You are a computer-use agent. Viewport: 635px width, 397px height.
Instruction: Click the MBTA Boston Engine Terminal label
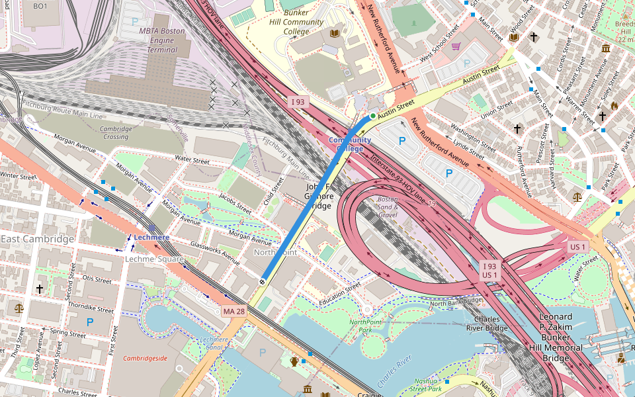(162, 40)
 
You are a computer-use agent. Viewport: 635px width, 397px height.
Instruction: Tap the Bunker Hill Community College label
(304, 22)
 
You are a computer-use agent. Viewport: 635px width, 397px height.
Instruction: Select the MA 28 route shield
(233, 311)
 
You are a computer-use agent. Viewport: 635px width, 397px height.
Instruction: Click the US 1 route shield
(578, 247)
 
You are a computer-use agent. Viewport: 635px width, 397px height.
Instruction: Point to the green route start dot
(373, 116)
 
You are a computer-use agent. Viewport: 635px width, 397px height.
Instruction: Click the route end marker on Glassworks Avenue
(262, 282)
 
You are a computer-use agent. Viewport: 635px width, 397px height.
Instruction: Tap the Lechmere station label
(151, 237)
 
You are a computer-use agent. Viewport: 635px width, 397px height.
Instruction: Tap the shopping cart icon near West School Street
(456, 46)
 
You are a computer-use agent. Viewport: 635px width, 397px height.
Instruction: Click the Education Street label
(339, 291)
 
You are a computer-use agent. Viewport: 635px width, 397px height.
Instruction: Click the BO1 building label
(40, 6)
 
